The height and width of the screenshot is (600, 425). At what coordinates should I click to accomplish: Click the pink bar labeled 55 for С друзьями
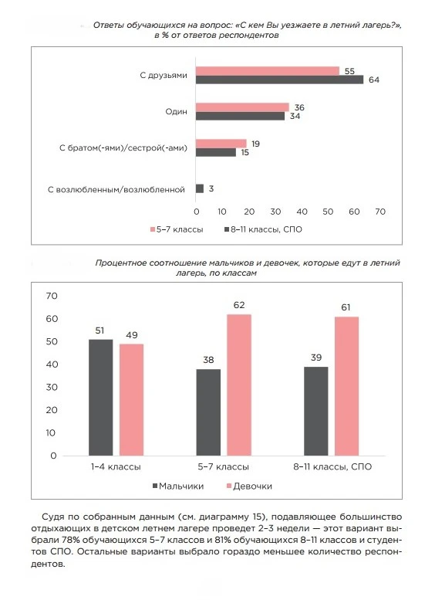click(x=268, y=71)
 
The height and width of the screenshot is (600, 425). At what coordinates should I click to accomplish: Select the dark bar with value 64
click(x=279, y=80)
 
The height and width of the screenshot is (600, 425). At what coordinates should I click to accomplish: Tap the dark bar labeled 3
click(x=200, y=188)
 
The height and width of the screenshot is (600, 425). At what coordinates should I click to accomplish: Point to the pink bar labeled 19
click(x=221, y=144)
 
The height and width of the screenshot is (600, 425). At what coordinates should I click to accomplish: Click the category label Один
click(x=176, y=112)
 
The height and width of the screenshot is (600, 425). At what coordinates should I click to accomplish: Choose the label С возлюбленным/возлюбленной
click(x=116, y=190)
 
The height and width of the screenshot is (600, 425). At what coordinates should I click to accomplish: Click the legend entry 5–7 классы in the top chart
click(x=177, y=229)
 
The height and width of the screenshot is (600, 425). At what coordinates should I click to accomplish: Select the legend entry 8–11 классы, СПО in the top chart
click(x=263, y=229)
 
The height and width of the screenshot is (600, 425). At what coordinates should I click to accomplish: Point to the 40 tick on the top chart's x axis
click(x=302, y=212)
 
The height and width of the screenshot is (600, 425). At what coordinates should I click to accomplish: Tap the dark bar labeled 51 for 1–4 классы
click(x=100, y=398)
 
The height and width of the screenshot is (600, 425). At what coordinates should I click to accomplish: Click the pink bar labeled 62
click(x=239, y=385)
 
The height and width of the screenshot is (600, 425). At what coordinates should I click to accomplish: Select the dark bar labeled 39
click(x=316, y=412)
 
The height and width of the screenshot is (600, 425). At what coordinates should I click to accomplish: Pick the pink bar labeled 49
click(x=131, y=400)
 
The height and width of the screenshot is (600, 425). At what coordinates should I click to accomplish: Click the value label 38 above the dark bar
click(x=208, y=360)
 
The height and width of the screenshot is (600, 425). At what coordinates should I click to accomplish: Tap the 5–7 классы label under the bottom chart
click(x=223, y=467)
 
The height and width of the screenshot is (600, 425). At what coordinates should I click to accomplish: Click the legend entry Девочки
click(x=249, y=486)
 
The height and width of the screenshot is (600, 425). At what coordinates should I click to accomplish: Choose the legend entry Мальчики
click(x=178, y=486)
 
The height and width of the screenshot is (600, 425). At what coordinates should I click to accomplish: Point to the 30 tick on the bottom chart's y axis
click(x=52, y=387)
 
